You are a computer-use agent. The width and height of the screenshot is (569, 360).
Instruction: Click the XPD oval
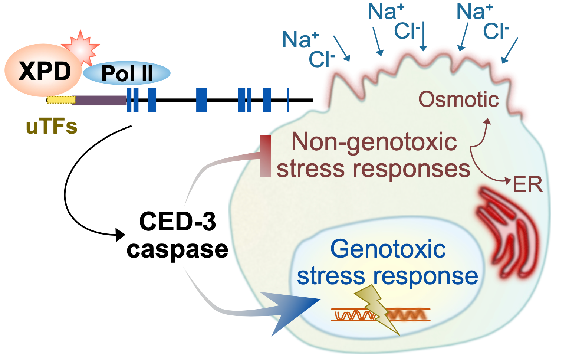(43, 71)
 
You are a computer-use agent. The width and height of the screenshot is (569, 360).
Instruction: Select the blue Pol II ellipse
(126, 73)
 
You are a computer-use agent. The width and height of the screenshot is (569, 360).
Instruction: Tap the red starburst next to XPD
(82, 46)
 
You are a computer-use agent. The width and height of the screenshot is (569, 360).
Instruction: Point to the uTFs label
(52, 127)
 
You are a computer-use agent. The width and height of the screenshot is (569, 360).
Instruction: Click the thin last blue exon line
(288, 100)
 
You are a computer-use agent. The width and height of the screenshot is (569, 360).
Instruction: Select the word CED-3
(177, 222)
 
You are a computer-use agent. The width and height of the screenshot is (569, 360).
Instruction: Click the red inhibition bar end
(266, 156)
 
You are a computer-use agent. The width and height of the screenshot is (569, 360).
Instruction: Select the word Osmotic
(458, 99)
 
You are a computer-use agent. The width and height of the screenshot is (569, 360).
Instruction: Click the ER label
(527, 184)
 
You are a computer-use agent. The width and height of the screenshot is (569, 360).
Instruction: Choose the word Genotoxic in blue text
(388, 249)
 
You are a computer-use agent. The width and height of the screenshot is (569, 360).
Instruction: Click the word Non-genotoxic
(374, 142)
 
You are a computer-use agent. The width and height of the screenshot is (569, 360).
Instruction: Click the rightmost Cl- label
(496, 31)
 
